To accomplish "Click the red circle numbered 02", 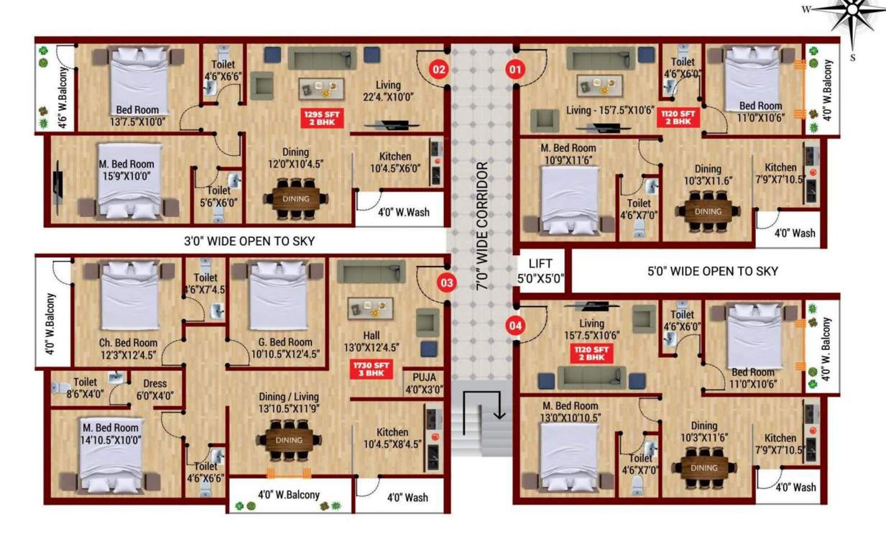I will [439, 70].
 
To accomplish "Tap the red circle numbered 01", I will [514, 70].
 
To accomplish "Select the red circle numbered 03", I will [447, 282].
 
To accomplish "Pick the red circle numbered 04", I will [515, 325].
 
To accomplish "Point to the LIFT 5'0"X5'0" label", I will [540, 270].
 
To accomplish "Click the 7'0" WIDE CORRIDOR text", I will [482, 226].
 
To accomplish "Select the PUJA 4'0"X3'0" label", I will [423, 383].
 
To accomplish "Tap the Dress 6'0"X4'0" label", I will [154, 389].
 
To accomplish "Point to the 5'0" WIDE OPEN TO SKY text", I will [713, 271].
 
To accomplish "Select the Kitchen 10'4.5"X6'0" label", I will [394, 162].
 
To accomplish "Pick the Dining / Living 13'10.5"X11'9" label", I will [288, 402].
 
